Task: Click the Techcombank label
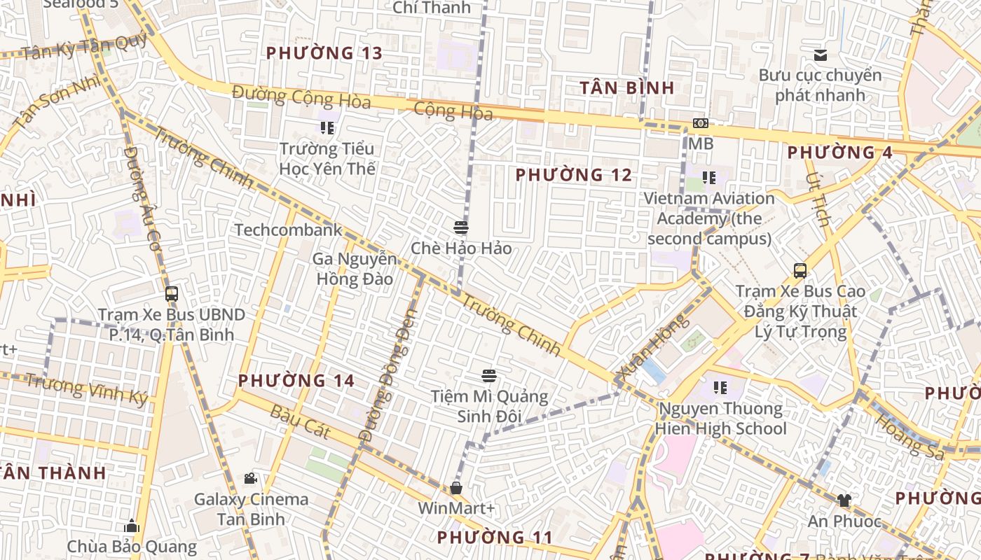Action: point(288,230)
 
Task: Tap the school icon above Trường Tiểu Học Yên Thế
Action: point(327,127)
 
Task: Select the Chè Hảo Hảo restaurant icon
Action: point(461,227)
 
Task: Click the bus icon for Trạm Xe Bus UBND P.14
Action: point(172,294)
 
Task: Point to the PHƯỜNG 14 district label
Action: point(296,381)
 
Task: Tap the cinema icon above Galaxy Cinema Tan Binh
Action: point(250,479)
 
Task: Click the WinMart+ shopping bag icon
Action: point(456,487)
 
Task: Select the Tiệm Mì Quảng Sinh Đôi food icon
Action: point(489,376)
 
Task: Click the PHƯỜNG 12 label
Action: point(574,175)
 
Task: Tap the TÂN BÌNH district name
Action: point(627,88)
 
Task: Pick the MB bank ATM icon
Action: point(700,123)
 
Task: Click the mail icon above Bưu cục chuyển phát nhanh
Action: point(821,55)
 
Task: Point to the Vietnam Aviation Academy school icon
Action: point(709,178)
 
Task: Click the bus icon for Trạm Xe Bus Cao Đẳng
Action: point(800,270)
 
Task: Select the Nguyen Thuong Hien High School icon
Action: point(720,387)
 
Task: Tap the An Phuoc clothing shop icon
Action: point(844,500)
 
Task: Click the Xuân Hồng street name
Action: point(651,348)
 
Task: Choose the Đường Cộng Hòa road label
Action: point(301,97)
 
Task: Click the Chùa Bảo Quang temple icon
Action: point(132,526)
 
